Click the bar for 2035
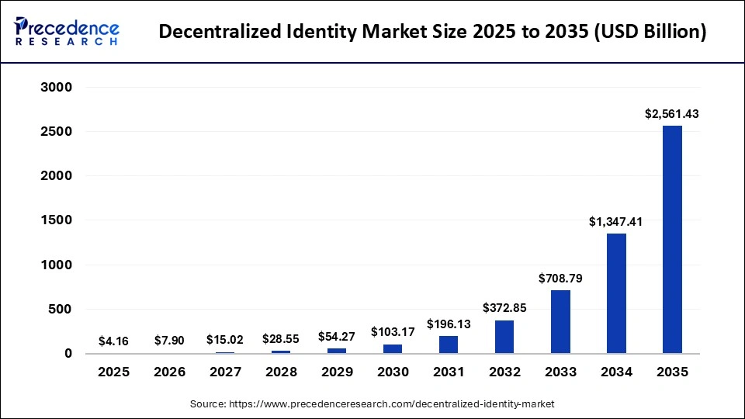tap(672, 240)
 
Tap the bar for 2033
tap(560, 322)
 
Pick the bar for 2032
tap(504, 337)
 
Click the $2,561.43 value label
tap(672, 113)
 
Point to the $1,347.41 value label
tap(616, 222)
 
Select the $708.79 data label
tap(560, 278)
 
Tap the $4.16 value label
tap(114, 341)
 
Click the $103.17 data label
tap(393, 332)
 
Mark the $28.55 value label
tap(281, 339)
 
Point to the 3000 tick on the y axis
tap(56, 88)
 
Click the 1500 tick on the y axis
tap(56, 220)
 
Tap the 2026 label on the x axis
tap(170, 372)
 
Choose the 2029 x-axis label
tap(337, 372)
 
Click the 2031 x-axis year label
tap(449, 372)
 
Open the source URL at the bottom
tap(372, 404)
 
